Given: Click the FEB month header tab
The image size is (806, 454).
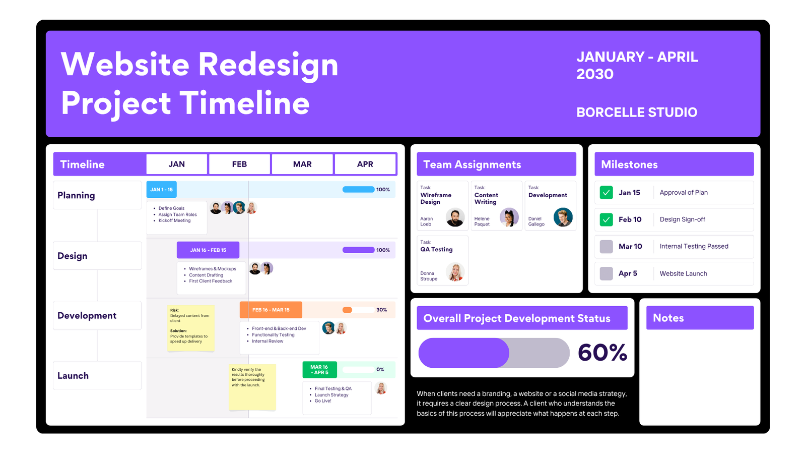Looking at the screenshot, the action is pyautogui.click(x=239, y=164).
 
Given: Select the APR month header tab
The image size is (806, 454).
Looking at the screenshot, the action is pyautogui.click(x=365, y=164).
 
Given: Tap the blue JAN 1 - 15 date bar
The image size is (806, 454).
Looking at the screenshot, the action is pyautogui.click(x=161, y=190).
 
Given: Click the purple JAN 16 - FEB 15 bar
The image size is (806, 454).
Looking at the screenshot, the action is pyautogui.click(x=208, y=250).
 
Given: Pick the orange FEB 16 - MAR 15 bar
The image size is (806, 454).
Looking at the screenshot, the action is pyautogui.click(x=271, y=310).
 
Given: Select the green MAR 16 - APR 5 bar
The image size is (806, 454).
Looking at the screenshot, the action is pyautogui.click(x=319, y=370).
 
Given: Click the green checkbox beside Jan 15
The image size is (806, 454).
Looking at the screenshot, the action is pyautogui.click(x=607, y=192).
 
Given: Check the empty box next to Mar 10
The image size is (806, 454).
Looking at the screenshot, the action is pyautogui.click(x=607, y=247).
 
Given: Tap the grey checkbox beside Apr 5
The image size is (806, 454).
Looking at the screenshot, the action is pyautogui.click(x=607, y=273).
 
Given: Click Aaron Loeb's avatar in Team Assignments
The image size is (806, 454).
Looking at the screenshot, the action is pyautogui.click(x=455, y=217).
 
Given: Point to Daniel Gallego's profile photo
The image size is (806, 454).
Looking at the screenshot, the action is pyautogui.click(x=563, y=217).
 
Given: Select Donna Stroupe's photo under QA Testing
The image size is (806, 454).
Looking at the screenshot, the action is pyautogui.click(x=455, y=272).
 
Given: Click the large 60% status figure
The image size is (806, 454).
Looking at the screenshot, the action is pyautogui.click(x=602, y=353).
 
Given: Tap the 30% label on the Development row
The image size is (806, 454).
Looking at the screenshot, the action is pyautogui.click(x=381, y=310).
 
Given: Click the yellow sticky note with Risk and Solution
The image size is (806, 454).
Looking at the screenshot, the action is pyautogui.click(x=191, y=328).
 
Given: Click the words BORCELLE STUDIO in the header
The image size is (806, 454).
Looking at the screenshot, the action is pyautogui.click(x=637, y=112).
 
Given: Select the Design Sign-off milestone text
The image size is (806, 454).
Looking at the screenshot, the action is pyautogui.click(x=682, y=219).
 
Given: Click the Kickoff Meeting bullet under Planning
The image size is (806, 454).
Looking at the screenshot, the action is pyautogui.click(x=174, y=220).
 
